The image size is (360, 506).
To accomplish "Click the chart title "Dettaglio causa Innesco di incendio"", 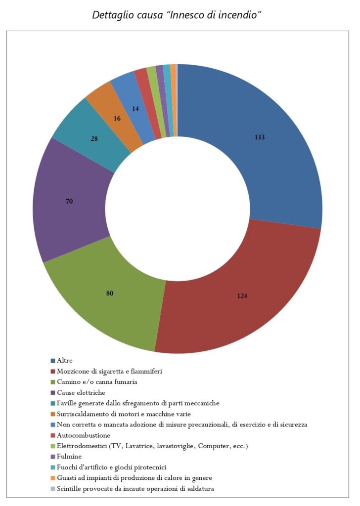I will click(177, 15).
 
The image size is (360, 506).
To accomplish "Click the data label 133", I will click(260, 137).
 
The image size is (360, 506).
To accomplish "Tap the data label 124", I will click(242, 296).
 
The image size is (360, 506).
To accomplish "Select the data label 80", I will click(110, 293).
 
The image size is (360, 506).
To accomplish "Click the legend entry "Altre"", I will click(64, 360).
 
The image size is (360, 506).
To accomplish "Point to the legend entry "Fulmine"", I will click(69, 457).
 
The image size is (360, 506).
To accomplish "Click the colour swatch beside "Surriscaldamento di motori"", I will click(52, 414).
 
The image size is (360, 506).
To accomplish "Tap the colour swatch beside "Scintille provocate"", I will click(52, 489).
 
